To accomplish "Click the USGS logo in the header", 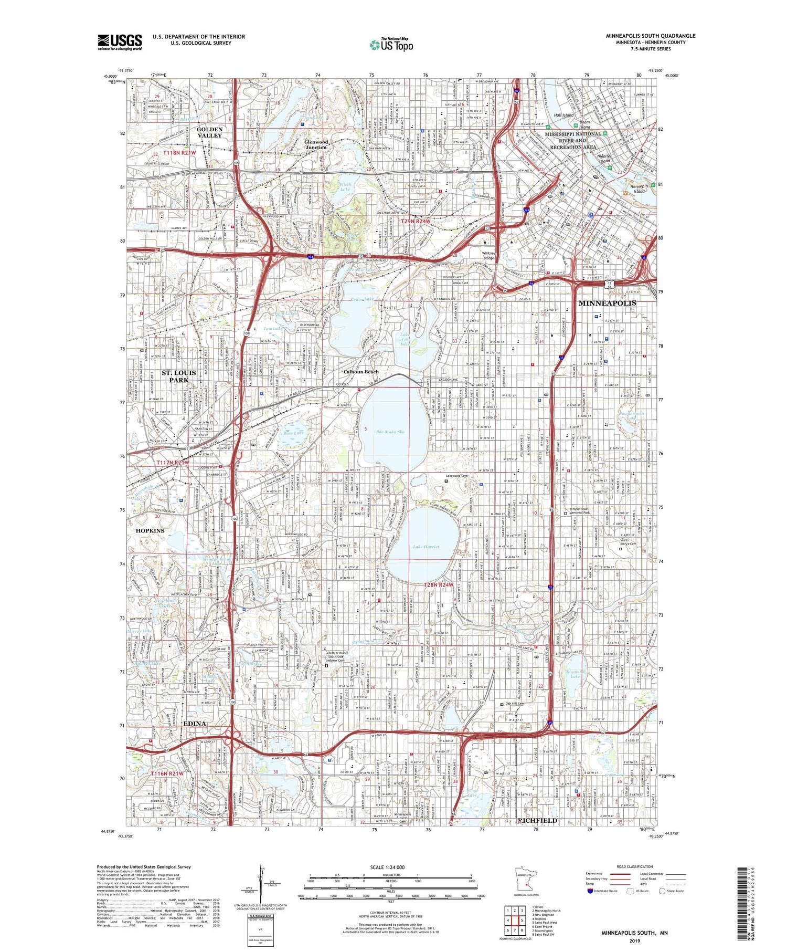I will (x=120, y=42).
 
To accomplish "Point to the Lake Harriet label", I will (x=426, y=547).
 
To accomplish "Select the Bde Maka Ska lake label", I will (x=390, y=432).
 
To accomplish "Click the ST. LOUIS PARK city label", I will (x=178, y=376).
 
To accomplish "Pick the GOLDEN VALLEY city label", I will (x=210, y=132).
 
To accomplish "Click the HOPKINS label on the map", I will (x=150, y=530).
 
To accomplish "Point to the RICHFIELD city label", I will (x=537, y=820).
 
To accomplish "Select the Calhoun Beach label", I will (x=361, y=372).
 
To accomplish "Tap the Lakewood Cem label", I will (x=459, y=476).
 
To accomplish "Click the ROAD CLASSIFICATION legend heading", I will (x=635, y=866).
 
